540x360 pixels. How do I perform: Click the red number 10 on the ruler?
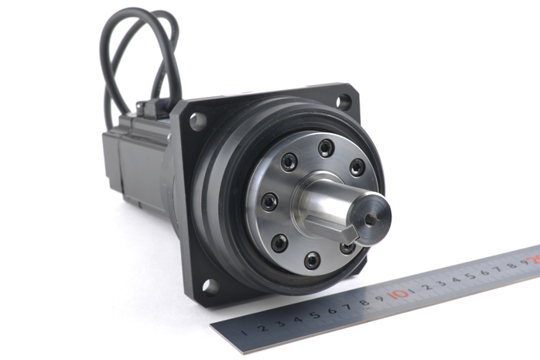click(x=398, y=294)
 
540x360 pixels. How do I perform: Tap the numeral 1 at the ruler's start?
click(x=244, y=332)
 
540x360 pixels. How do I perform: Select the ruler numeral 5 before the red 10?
click(x=315, y=315)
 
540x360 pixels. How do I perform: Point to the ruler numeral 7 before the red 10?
click(x=347, y=307)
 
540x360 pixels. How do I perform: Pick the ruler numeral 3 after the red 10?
click(x=443, y=283)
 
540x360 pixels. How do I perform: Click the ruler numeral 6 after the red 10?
click(x=484, y=273)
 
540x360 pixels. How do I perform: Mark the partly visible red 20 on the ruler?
click(x=535, y=259)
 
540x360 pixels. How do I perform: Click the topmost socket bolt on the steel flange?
click(x=326, y=148)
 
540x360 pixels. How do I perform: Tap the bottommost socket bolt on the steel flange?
click(x=312, y=260)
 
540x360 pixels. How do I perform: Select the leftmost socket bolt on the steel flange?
click(x=269, y=202)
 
